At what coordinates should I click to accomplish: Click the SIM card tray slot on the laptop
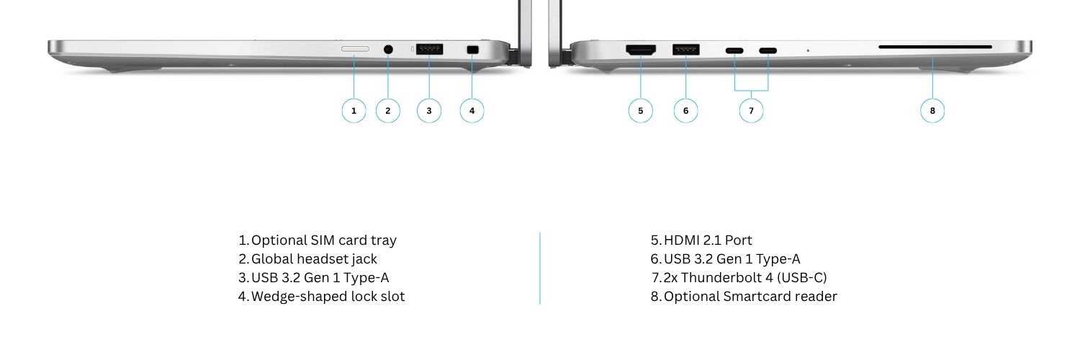tap(355, 49)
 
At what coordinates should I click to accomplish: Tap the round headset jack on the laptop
tap(388, 49)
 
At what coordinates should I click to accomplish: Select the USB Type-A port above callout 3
tap(429, 49)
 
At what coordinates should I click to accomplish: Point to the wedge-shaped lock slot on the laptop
tap(472, 50)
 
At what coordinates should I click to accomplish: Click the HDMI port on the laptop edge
tap(641, 50)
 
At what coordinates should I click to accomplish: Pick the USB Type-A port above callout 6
tap(686, 49)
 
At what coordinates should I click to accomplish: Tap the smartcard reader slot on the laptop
tap(935, 48)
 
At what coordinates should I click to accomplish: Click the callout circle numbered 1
tap(354, 111)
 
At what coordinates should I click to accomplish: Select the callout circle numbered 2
tap(388, 111)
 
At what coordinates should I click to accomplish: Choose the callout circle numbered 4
tap(472, 111)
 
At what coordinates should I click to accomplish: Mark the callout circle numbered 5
tap(641, 111)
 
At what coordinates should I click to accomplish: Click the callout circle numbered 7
tap(751, 111)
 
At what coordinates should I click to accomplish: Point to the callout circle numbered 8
tap(932, 111)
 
